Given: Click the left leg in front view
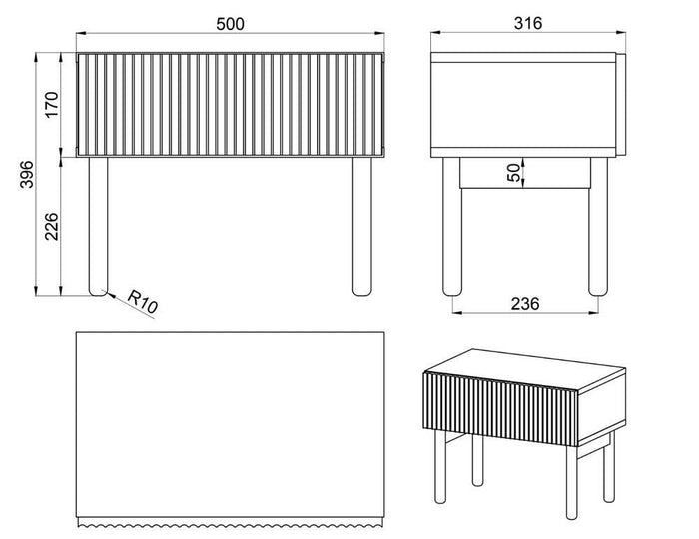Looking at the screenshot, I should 98,225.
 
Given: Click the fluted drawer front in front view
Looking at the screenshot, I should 230,103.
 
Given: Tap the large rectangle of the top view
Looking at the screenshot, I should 230,424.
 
